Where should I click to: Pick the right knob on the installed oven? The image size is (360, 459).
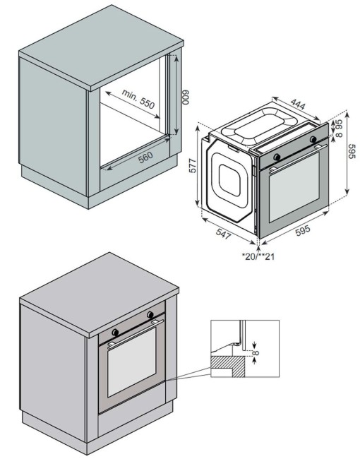(x=150, y=314)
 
